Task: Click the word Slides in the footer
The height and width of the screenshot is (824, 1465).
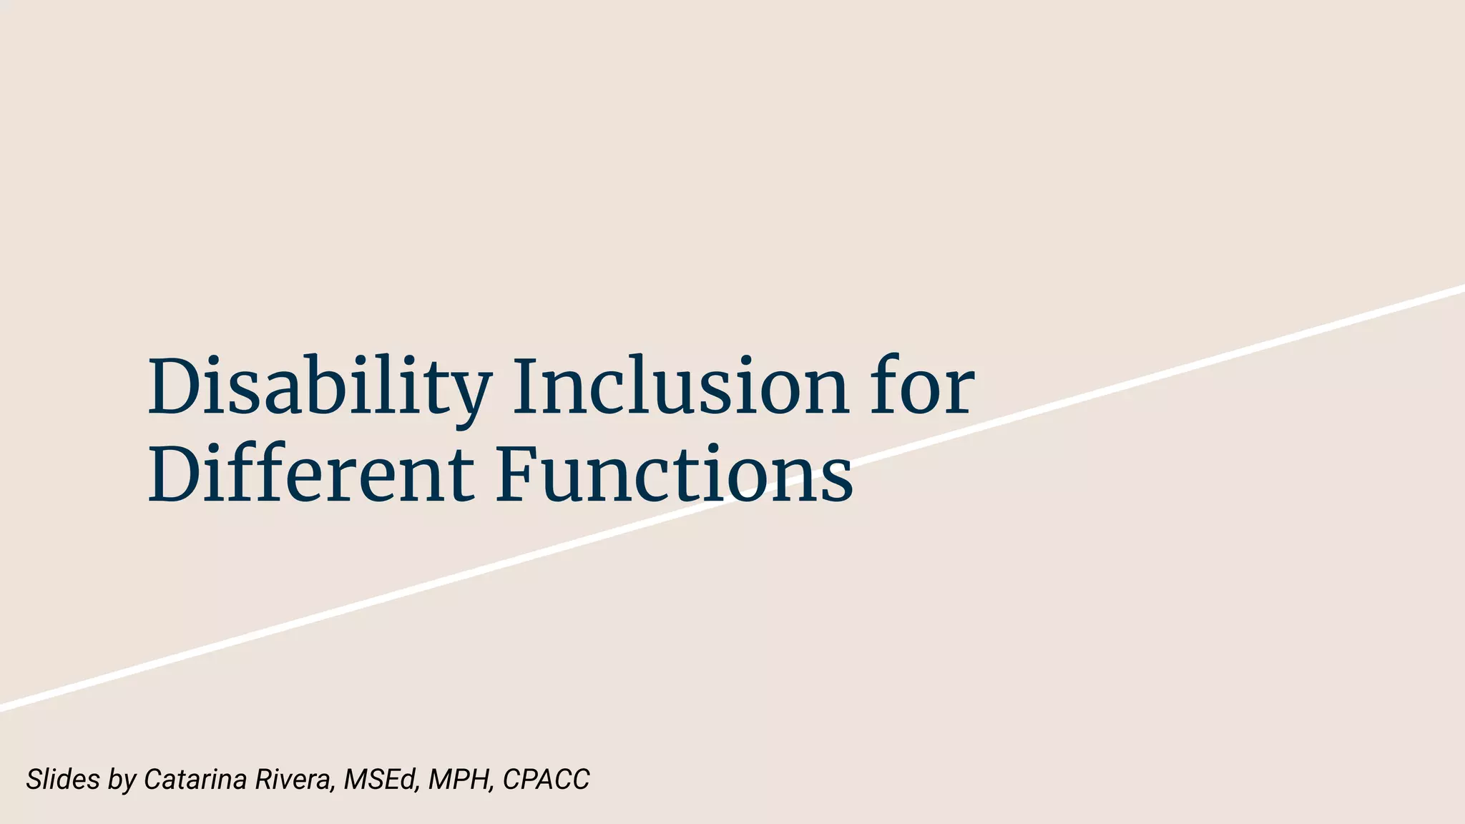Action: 62,779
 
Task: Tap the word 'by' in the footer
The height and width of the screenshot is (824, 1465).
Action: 122,780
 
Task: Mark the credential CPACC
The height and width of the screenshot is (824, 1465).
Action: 546,779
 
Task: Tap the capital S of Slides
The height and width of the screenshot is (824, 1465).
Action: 34,779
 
